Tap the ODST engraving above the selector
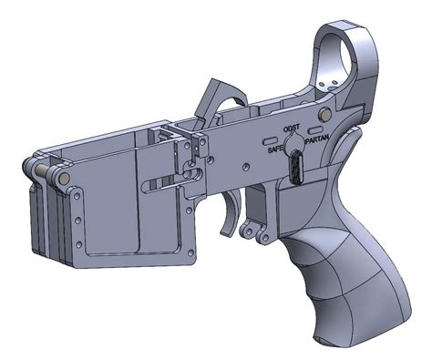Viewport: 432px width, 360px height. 291,129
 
